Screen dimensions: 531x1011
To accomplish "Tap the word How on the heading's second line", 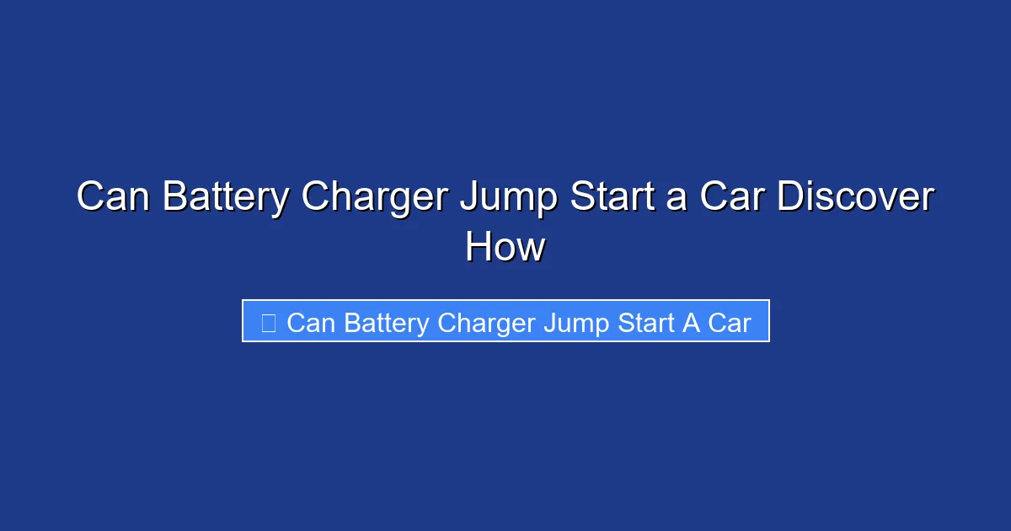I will (x=505, y=248).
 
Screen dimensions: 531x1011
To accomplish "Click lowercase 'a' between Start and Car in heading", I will (x=682, y=201).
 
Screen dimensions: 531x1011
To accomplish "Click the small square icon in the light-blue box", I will (x=269, y=322).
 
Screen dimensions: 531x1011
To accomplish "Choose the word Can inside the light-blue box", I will (x=311, y=323).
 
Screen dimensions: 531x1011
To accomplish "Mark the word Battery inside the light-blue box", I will (x=386, y=323).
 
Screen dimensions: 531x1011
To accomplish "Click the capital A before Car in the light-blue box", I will (x=692, y=323).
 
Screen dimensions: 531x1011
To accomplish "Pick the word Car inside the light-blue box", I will (x=730, y=323).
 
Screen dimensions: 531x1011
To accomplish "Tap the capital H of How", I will (x=478, y=248).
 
